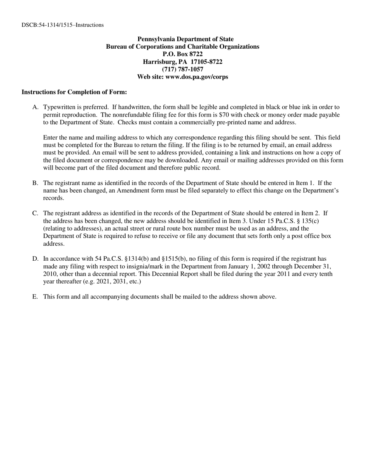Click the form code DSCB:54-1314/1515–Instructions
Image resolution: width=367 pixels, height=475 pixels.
click(x=63, y=25)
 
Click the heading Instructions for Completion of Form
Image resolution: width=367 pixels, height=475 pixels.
click(x=74, y=92)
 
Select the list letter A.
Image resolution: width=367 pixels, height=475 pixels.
click(x=35, y=107)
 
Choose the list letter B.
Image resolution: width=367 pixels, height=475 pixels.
click(x=35, y=183)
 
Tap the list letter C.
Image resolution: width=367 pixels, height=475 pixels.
click(x=35, y=213)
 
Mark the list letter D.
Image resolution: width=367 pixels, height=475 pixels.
click(x=35, y=259)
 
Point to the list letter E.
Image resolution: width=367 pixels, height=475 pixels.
click(x=35, y=297)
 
